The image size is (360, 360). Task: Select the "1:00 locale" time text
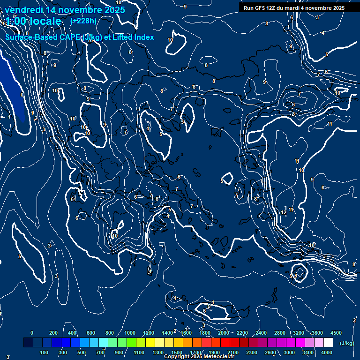pos(34,21)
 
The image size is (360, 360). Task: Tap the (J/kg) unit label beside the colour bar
pos(347,343)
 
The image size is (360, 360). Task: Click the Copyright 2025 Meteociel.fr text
pos(199,356)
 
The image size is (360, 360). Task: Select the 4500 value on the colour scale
pos(336,333)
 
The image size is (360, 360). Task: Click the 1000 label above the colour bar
pos(130,333)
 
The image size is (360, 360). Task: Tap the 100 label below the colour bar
pos(45,352)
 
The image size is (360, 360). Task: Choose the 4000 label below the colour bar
pos(327,352)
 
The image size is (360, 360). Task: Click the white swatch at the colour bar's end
pos(329,343)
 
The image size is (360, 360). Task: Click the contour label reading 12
pos(284,212)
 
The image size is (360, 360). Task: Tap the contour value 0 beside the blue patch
pos(22,95)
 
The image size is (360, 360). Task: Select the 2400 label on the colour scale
pos(261,333)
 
